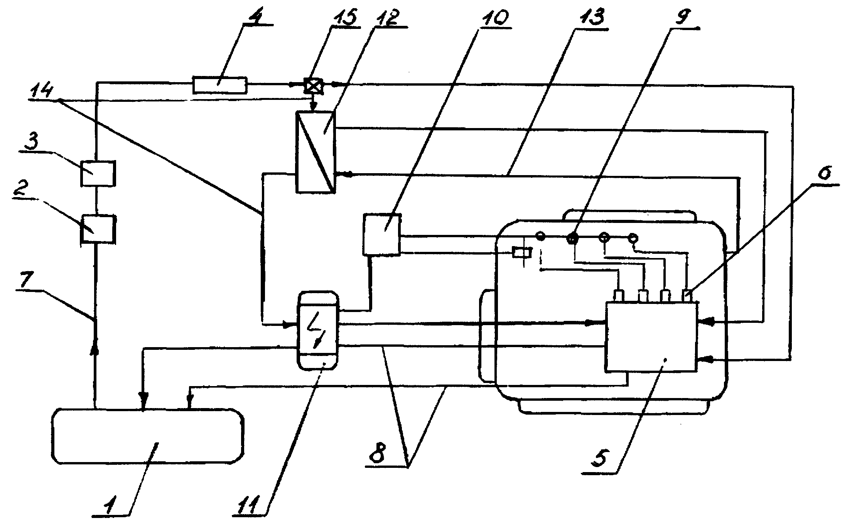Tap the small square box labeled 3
[98, 174]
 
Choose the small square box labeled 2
[98, 229]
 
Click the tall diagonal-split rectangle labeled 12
[315, 151]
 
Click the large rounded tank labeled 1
[148, 436]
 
